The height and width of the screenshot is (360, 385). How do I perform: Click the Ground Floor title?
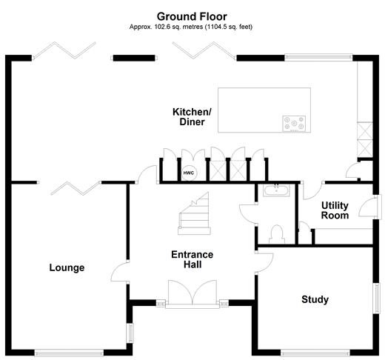click(x=192, y=16)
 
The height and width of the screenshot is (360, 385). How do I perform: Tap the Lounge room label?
click(x=67, y=267)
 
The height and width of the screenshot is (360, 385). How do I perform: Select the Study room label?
click(x=315, y=299)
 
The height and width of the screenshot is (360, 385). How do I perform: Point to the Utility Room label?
click(x=335, y=210)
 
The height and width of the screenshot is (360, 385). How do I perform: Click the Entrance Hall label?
click(x=192, y=259)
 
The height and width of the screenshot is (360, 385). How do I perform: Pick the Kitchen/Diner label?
click(x=192, y=117)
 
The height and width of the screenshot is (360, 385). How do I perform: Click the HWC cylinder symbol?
click(x=189, y=173)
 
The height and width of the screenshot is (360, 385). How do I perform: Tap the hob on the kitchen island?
click(x=294, y=123)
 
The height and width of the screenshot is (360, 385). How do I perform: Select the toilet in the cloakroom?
click(x=277, y=234)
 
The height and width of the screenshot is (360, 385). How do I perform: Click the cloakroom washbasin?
click(x=276, y=190)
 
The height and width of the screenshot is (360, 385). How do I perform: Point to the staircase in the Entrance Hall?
click(x=194, y=213)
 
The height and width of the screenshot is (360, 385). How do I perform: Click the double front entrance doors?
click(x=192, y=292)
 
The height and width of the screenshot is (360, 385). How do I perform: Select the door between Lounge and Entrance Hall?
click(x=119, y=272)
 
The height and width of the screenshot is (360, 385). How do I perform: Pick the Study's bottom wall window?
click(x=315, y=353)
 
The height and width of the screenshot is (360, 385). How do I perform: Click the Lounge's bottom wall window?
click(x=69, y=353)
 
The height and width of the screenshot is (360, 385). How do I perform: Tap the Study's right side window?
click(x=377, y=299)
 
